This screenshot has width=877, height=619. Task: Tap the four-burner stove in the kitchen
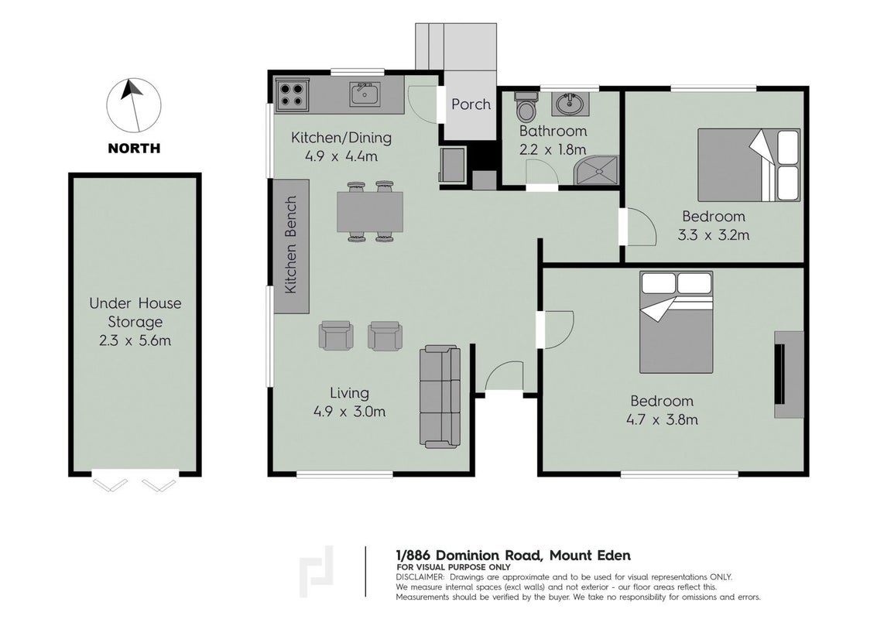(x=293, y=94)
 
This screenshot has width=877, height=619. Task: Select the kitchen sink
(x=365, y=94)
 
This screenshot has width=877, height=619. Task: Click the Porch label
(x=471, y=104)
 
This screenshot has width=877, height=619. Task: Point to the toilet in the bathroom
(x=526, y=106)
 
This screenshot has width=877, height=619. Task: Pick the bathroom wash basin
(x=570, y=104)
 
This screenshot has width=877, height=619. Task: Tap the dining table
(x=370, y=211)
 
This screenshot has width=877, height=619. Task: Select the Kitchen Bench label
(x=290, y=245)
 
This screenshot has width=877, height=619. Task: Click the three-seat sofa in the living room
(x=440, y=396)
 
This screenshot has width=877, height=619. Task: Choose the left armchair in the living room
(x=336, y=336)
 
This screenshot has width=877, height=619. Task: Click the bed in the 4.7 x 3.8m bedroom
(x=677, y=322)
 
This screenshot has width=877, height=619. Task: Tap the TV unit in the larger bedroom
(x=789, y=374)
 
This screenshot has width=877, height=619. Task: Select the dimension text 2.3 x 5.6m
(x=135, y=340)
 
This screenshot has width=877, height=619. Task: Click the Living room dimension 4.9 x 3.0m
(x=350, y=412)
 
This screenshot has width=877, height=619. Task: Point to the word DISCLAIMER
(x=420, y=577)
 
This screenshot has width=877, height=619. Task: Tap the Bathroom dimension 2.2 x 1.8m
(x=553, y=149)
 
